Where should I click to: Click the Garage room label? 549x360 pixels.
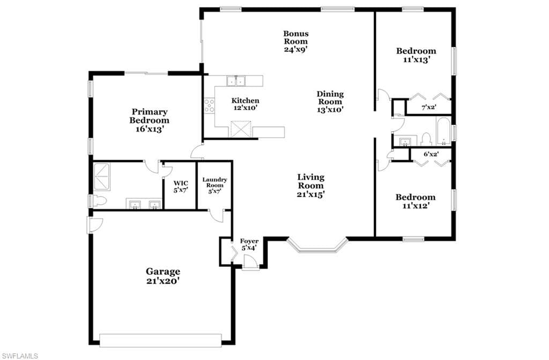tap(163, 276)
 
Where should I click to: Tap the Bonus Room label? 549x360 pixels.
tap(296, 41)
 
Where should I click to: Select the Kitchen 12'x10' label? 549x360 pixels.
tap(246, 104)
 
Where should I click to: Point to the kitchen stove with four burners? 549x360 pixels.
tap(210, 105)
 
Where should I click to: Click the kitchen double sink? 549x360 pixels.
tap(236, 81)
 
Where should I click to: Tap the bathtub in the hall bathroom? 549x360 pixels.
tap(443, 131)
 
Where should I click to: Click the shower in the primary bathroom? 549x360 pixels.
tap(101, 177)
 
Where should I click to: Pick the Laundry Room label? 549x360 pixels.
tap(214, 185)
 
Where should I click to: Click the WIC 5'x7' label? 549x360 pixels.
tap(181, 186)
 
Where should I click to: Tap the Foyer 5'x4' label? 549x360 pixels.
tap(249, 244)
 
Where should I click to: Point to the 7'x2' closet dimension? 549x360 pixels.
tap(428, 107)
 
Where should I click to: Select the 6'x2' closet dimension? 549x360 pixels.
tap(431, 154)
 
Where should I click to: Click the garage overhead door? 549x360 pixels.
tap(161, 340)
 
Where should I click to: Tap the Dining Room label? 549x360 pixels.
tap(330, 101)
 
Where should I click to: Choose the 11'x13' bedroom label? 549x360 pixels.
tap(416, 55)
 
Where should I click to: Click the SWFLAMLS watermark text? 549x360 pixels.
tap(19, 356)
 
